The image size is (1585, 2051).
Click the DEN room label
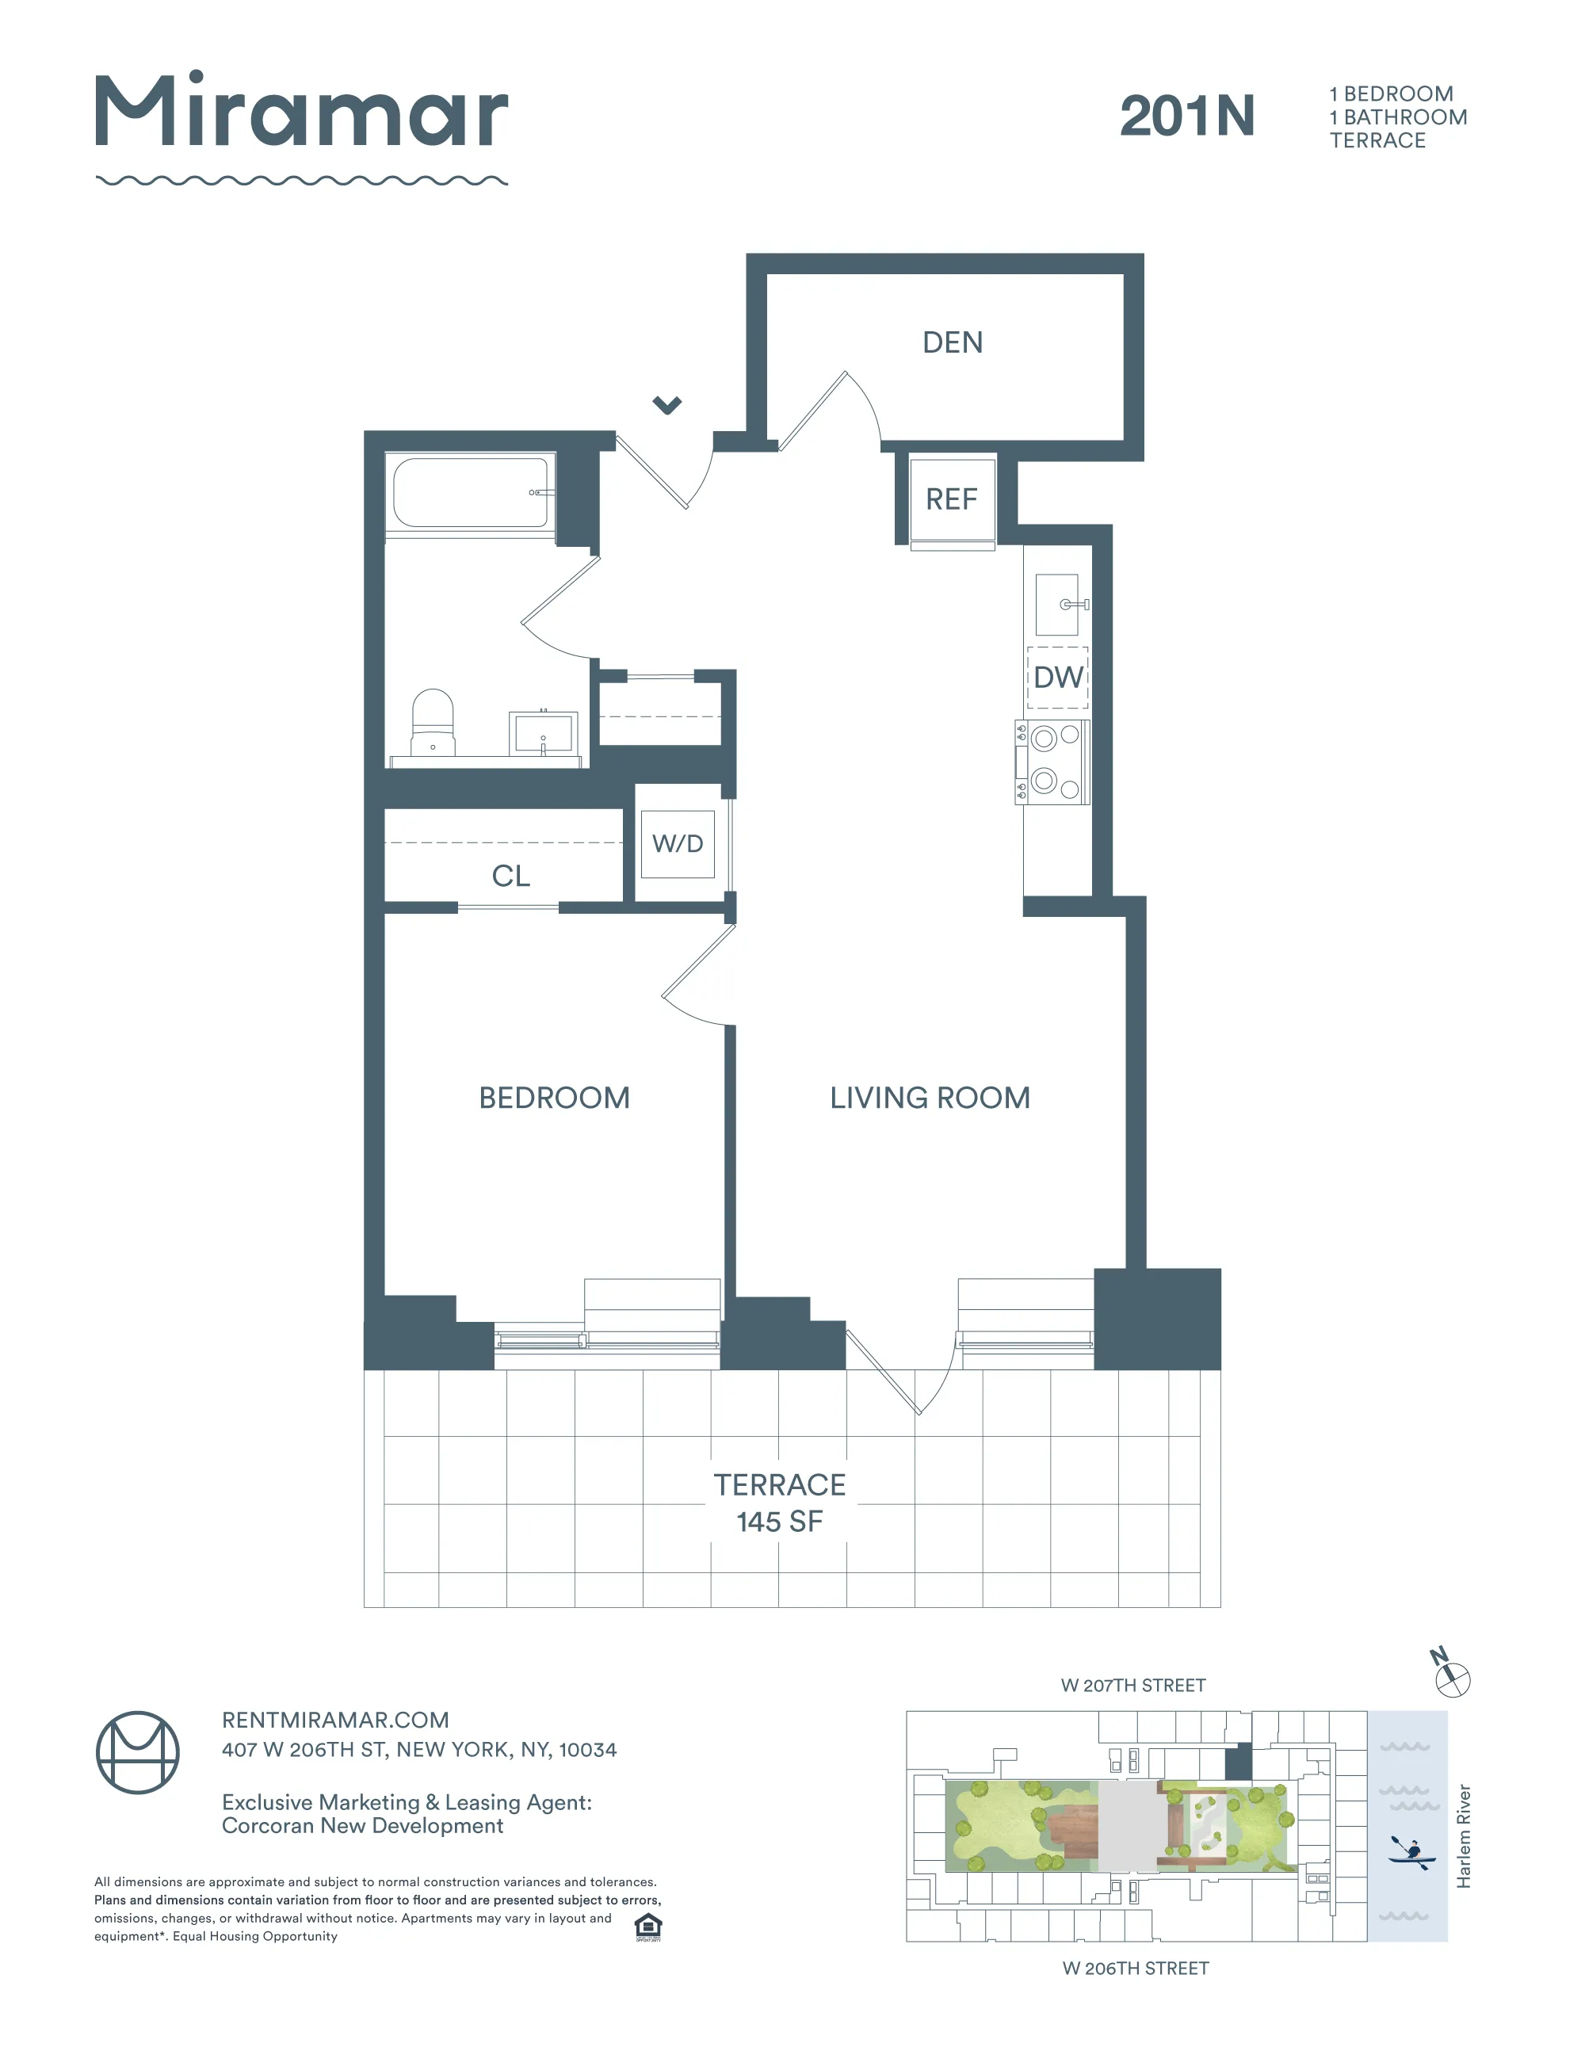[952, 343]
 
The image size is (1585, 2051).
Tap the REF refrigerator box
[951, 498]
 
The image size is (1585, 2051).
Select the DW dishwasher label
[1057, 677]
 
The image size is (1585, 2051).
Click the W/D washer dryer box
[677, 843]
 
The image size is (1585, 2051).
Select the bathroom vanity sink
[543, 732]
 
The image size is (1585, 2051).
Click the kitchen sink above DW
[1057, 605]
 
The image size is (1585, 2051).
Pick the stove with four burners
[1052, 762]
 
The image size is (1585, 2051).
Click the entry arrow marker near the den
[666, 405]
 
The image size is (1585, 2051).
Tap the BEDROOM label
[554, 1098]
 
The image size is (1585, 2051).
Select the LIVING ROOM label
[930, 1098]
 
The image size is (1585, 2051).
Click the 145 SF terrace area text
[779, 1522]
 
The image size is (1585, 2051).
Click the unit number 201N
[1187, 116]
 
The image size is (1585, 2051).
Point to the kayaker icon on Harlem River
[1411, 1851]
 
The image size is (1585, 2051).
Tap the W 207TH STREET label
[1132, 1685]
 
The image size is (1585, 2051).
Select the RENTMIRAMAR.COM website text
[335, 1720]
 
